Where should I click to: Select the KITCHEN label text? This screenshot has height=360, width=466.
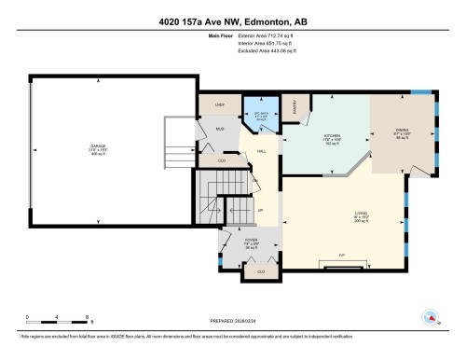(x=334, y=137)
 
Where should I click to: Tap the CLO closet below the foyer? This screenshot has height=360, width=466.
(x=261, y=270)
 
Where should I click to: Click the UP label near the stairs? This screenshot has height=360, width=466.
(x=261, y=211)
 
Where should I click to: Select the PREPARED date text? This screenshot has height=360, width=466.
(x=231, y=316)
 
